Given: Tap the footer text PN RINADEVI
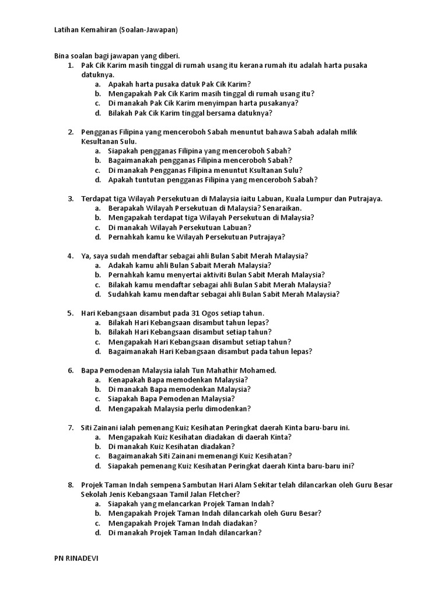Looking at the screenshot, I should [76, 558].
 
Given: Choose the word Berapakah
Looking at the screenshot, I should [127, 208].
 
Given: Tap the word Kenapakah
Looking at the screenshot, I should [127, 380].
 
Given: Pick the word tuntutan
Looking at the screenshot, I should [150, 180].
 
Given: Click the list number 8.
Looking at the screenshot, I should [71, 485].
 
